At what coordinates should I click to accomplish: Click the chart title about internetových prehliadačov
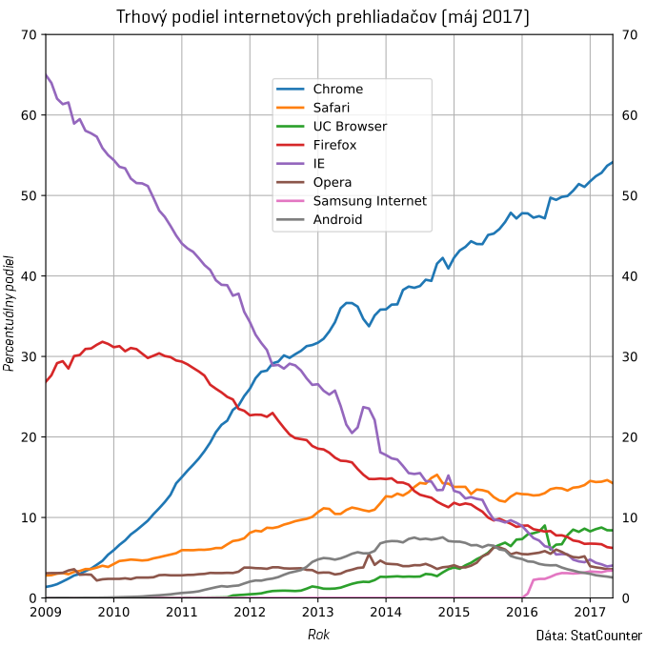coord(323,17)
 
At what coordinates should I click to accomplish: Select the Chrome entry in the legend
coord(337,90)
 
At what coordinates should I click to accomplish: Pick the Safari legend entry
coord(333,108)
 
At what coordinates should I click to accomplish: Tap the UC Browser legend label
coord(350,127)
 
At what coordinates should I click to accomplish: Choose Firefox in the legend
coord(334,145)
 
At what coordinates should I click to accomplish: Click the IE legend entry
coord(320,164)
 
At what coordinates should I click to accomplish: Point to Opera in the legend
coord(333,182)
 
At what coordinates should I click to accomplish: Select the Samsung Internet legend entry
coord(370,201)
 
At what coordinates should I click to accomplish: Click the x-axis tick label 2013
coord(318,612)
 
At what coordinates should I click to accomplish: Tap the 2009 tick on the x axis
coord(46,612)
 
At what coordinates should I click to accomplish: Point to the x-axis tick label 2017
coord(590,612)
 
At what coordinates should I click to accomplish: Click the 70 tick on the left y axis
coord(27,35)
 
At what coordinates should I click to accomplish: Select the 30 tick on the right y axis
coord(628,357)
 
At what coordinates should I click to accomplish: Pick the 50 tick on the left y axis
coord(27,196)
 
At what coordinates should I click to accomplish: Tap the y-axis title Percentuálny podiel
coord(10,313)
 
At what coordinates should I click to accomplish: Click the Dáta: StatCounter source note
coord(589,635)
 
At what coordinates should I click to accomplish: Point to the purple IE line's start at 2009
coord(46,74)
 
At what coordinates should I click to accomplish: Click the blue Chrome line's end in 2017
coord(612,163)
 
